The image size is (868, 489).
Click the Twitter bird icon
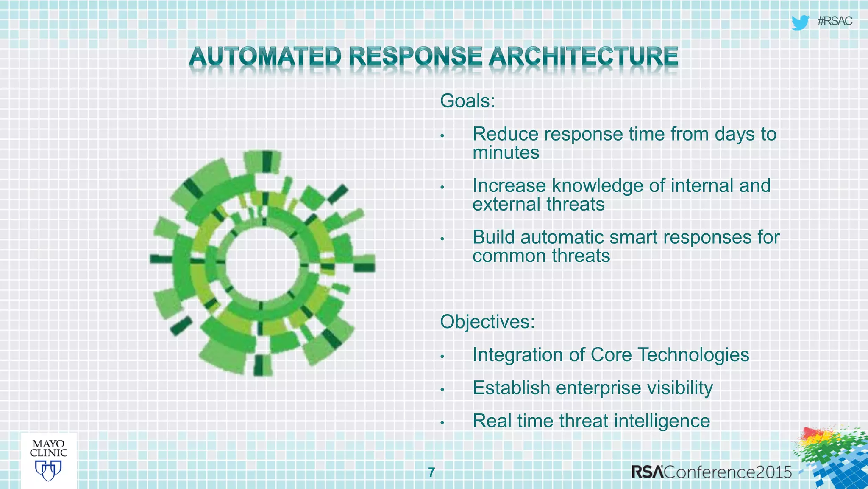(x=800, y=22)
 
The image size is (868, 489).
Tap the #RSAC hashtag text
(x=835, y=21)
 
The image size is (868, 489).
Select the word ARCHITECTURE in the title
(x=583, y=57)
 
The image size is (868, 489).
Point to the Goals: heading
(x=467, y=101)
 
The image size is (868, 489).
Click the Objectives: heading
(x=487, y=322)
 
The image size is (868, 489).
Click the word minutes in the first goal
(x=506, y=153)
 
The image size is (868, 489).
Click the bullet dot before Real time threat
(x=442, y=423)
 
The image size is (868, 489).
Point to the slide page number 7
(x=431, y=472)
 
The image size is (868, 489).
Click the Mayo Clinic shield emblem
(x=48, y=470)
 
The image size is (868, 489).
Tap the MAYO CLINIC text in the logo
(x=48, y=448)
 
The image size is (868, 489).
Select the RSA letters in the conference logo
(x=648, y=472)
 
